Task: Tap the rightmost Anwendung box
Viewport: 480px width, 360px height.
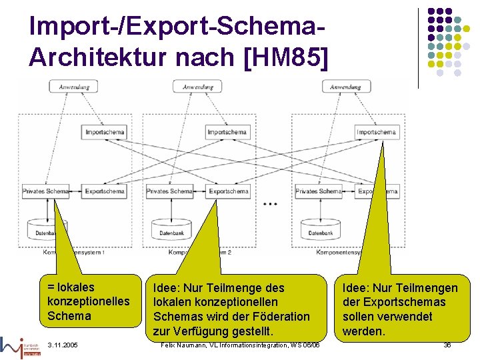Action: click(x=345, y=87)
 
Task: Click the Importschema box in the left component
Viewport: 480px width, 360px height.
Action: click(x=105, y=132)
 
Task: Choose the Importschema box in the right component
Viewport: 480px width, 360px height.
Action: click(x=376, y=132)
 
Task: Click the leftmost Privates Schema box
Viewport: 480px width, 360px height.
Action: click(x=45, y=191)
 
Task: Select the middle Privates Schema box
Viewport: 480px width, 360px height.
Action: click(x=169, y=191)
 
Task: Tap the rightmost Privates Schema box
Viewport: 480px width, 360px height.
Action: click(x=317, y=191)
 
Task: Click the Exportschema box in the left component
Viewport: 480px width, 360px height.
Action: click(x=105, y=191)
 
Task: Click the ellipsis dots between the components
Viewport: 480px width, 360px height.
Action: click(x=270, y=203)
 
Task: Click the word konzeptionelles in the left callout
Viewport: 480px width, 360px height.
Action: click(x=89, y=301)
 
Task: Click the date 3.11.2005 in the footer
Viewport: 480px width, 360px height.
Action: click(x=63, y=345)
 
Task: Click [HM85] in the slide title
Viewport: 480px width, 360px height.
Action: click(x=287, y=57)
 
